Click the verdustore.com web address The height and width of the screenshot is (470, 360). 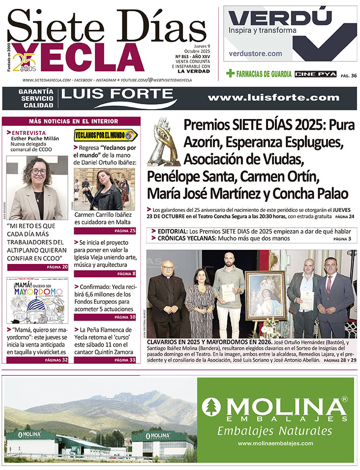(256, 54)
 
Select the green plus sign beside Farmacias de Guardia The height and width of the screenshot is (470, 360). (230, 74)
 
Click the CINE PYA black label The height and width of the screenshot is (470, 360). (315, 74)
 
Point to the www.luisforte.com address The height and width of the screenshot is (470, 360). (273, 98)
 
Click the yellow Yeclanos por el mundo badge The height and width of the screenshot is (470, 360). (105, 135)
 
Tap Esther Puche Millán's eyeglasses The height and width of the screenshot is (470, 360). (38, 172)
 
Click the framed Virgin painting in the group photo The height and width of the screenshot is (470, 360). (266, 294)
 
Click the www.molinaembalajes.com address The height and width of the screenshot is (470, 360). (275, 443)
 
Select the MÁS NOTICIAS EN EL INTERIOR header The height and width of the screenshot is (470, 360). (73, 121)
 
